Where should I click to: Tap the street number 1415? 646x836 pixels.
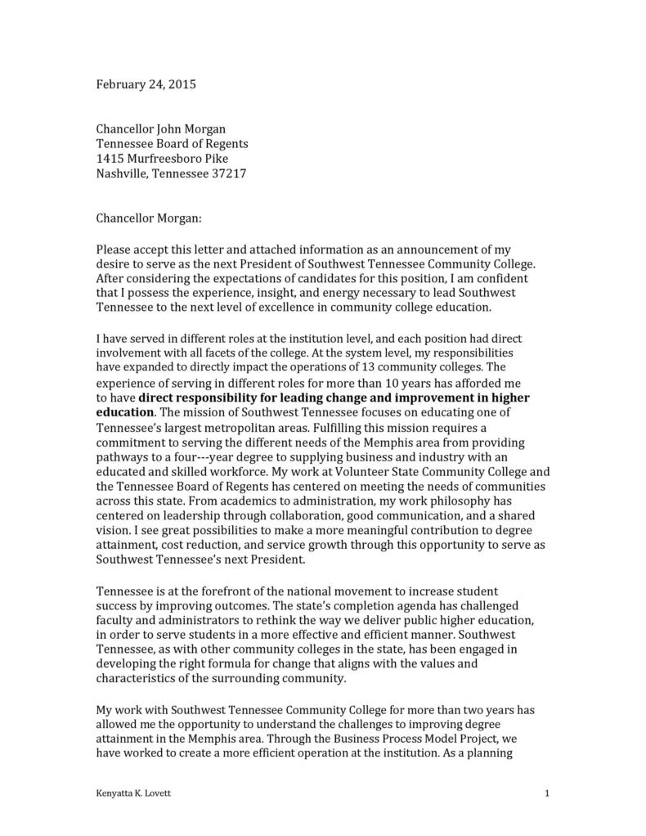110,158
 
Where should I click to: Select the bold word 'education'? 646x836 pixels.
125,412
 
